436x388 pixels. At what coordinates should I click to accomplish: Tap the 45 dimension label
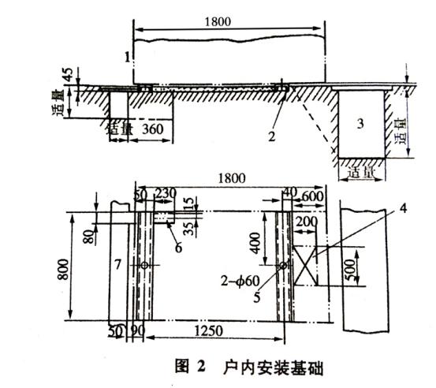coord(69,77)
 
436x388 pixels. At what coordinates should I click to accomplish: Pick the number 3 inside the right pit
coord(360,124)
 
